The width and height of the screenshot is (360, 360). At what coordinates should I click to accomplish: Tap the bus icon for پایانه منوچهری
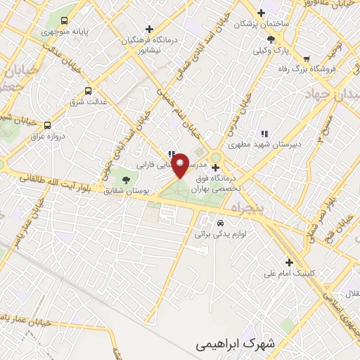[x=65, y=21]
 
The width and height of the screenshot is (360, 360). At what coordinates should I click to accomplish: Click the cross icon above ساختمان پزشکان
[x=262, y=13]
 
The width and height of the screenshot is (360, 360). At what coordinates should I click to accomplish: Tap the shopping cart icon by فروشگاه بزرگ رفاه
[x=306, y=58]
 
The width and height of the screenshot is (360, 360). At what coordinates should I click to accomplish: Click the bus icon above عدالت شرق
[x=88, y=91]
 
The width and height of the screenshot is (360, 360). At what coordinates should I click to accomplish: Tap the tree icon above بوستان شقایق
[x=126, y=180]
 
